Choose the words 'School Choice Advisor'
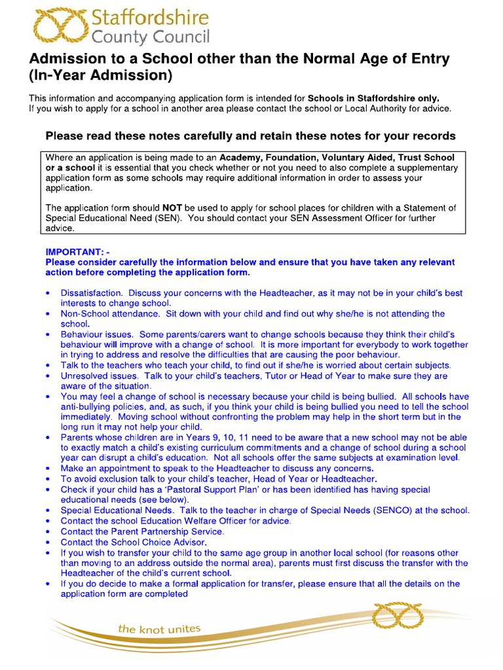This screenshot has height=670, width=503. [x=158, y=542]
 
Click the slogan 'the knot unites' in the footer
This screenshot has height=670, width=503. [x=159, y=629]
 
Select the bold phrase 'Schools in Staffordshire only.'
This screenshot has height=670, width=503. [x=374, y=98]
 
